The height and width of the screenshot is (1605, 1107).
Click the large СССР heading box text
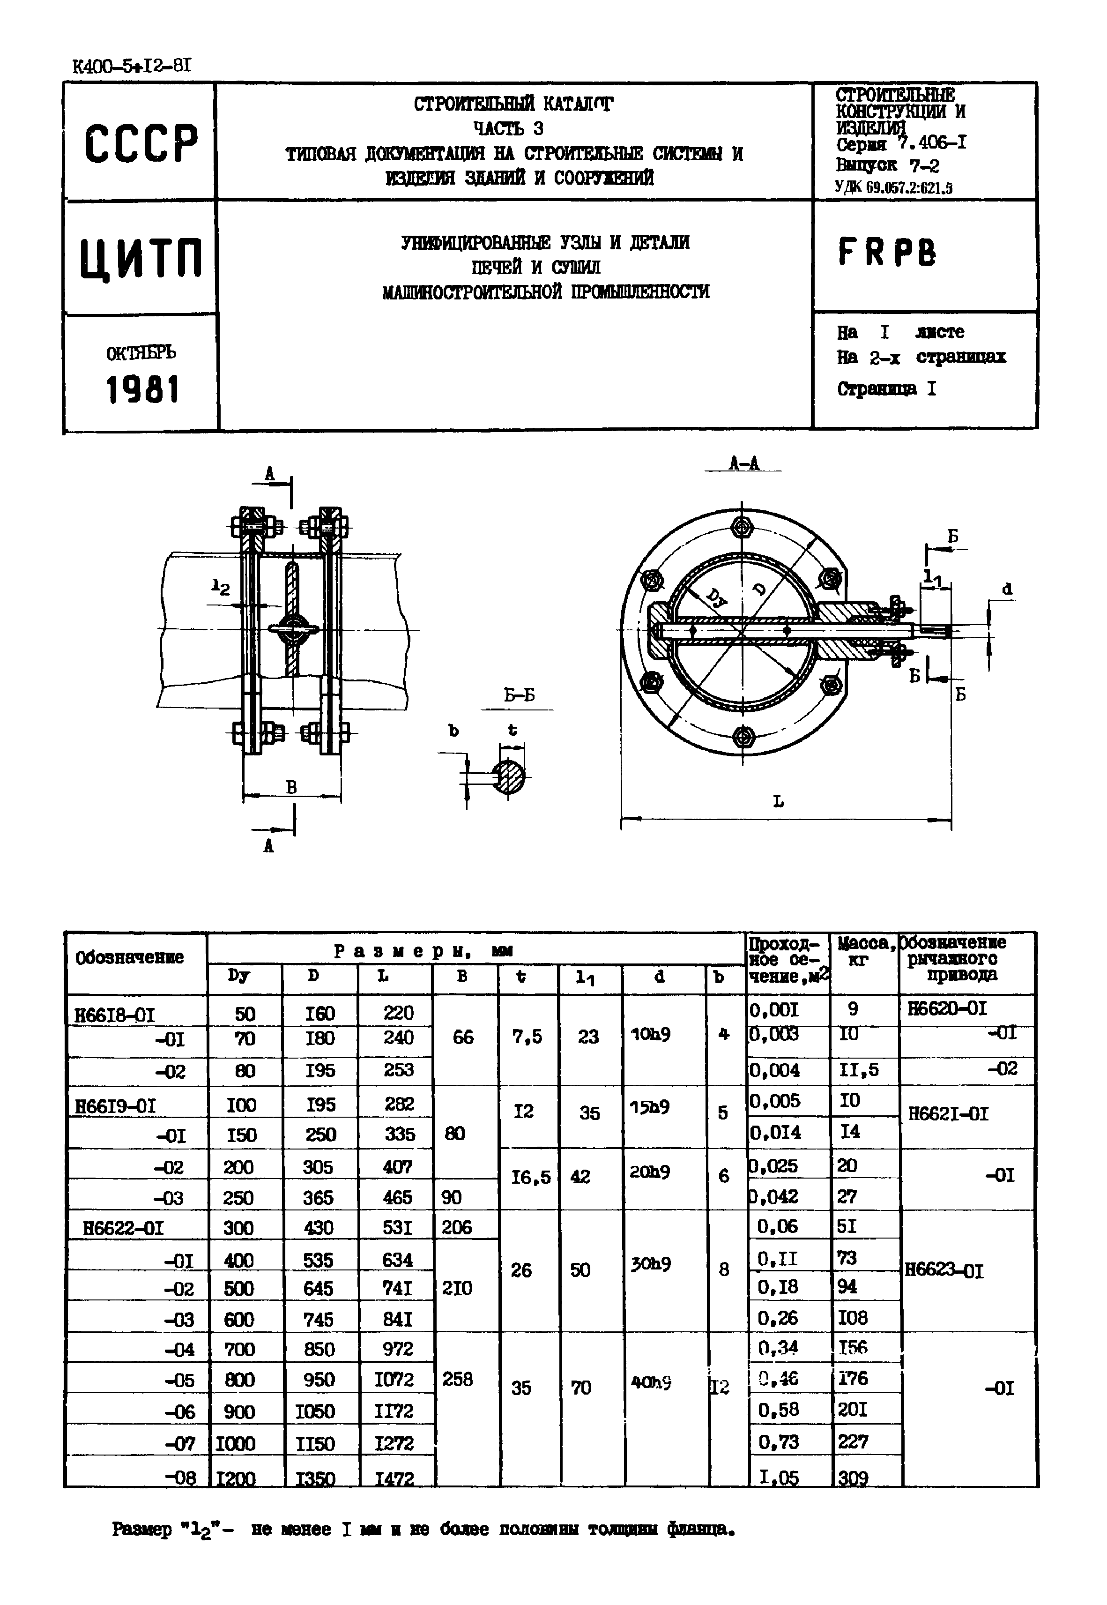coord(141,143)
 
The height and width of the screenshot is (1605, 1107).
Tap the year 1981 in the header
coord(142,390)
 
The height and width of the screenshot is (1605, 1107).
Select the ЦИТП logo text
coord(141,259)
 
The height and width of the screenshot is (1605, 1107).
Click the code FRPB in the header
coord(886,253)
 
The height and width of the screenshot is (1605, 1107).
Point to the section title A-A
coord(743,464)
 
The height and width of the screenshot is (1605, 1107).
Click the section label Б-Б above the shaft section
coord(519,695)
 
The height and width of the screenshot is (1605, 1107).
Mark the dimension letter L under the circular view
coord(778,802)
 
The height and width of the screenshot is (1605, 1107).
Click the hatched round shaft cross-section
coord(510,776)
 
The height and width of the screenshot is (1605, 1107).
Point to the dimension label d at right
coord(1007,589)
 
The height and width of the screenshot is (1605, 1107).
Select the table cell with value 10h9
coord(650,1034)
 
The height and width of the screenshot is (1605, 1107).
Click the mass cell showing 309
coord(853,1478)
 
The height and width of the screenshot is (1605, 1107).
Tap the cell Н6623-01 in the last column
coord(944,1271)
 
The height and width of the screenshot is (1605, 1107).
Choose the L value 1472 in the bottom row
coord(394,1478)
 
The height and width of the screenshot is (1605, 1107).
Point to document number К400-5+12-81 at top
coord(132,67)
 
